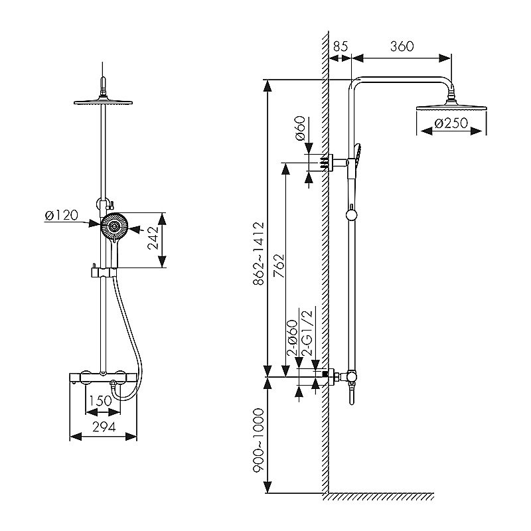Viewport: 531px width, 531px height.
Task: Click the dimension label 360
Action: coord(402,46)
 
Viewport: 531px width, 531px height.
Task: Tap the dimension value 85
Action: coord(341,46)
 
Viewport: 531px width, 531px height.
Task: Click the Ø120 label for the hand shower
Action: coord(61,215)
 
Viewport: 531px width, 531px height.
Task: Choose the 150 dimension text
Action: coord(101,401)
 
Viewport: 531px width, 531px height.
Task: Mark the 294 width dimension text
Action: coord(103,427)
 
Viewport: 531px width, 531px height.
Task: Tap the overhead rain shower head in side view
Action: coord(452,106)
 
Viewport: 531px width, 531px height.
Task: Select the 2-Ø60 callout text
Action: coord(292,339)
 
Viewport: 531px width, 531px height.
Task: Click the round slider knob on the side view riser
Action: coord(351,214)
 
